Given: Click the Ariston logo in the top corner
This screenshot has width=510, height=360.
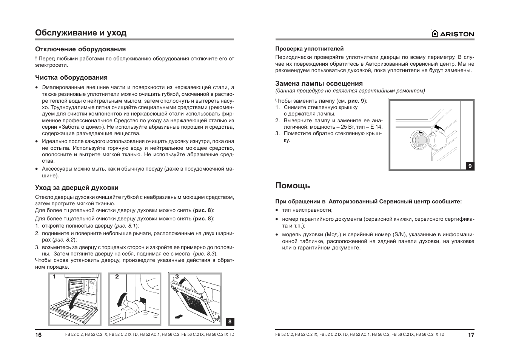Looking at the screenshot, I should [x=453, y=34].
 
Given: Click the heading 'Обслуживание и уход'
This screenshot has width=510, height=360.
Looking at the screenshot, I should [x=81, y=32].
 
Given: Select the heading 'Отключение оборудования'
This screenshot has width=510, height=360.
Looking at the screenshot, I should [x=80, y=49].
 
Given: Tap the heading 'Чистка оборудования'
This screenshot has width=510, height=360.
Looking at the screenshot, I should [x=71, y=77].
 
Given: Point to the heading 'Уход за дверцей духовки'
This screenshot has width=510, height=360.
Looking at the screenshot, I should [x=77, y=188].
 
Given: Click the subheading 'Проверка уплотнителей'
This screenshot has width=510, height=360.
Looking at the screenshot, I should [x=309, y=49].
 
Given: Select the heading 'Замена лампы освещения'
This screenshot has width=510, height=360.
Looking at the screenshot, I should [x=319, y=83].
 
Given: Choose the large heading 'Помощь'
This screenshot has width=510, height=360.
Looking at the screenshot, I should [x=293, y=185].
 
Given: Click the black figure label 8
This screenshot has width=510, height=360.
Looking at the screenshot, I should [x=230, y=322].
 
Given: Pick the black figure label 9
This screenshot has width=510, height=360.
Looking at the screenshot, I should [x=470, y=166].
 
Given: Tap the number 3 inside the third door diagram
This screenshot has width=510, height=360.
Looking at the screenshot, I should [x=177, y=277].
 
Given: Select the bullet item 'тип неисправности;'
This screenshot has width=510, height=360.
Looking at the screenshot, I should [x=307, y=210].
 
